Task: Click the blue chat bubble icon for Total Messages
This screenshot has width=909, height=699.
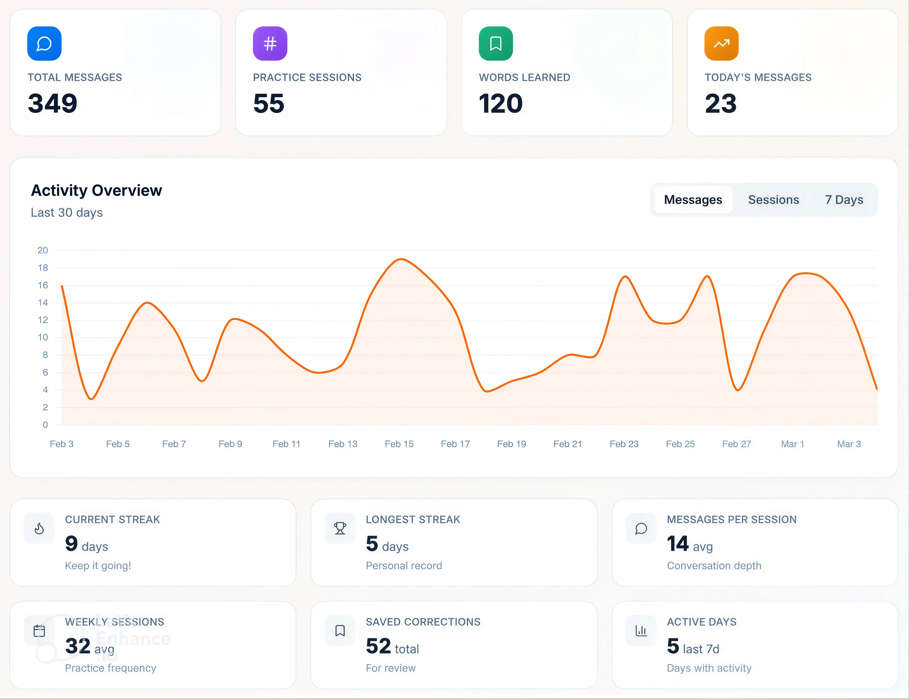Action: (x=44, y=43)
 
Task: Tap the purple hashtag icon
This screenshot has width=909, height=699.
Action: (x=270, y=43)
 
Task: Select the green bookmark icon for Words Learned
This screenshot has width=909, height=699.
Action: (x=495, y=43)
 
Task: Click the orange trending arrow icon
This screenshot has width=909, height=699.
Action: (x=721, y=43)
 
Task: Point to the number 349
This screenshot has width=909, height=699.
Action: (x=52, y=103)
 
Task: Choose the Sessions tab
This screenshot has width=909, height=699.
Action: (x=773, y=200)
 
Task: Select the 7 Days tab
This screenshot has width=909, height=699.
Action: (x=844, y=200)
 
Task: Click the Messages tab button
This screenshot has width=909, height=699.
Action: (x=693, y=200)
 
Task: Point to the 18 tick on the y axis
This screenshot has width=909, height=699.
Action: (x=43, y=268)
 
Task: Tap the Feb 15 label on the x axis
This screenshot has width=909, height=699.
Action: (x=399, y=444)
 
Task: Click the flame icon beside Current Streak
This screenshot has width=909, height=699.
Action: (x=39, y=529)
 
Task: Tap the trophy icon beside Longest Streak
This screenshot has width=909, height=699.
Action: (x=340, y=529)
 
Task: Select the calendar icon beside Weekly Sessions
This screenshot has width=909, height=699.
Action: (x=39, y=631)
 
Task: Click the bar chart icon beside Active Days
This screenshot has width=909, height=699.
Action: (x=641, y=631)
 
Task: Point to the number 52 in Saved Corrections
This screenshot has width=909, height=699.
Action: (x=378, y=646)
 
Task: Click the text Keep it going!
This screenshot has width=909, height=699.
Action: (x=98, y=565)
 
